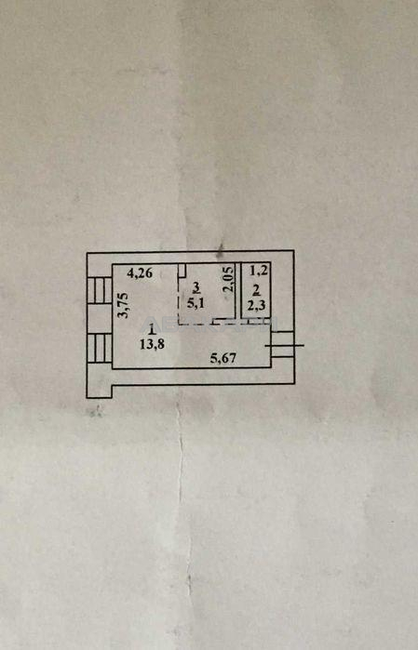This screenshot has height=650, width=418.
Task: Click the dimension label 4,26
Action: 140,272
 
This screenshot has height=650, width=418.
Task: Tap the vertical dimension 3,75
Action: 123,306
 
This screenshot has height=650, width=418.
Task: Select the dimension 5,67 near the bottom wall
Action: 223,358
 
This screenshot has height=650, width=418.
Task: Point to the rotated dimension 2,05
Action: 229,280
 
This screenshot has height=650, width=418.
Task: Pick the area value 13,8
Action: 152,344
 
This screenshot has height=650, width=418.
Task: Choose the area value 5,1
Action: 196,302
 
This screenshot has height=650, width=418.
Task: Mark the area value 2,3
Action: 257,306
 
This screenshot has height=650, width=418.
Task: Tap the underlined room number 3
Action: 196,286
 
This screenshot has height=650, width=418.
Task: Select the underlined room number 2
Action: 257,290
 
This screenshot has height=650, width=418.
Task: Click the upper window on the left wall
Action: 100,290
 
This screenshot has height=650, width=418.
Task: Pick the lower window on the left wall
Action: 100,349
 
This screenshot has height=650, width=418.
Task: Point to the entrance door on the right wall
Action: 283,344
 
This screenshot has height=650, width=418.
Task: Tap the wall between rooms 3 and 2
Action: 238,290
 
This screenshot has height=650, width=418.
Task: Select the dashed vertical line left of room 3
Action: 179,300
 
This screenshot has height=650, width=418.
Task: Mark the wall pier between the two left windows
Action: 100,319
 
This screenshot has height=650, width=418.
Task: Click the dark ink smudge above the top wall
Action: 221,248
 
